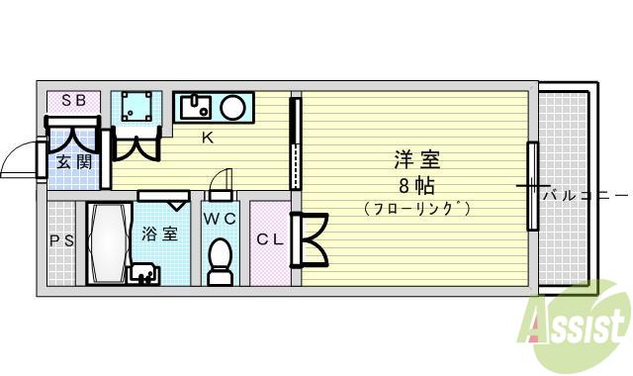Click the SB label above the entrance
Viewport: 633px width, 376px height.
tap(73, 100)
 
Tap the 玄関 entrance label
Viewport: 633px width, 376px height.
tap(73, 161)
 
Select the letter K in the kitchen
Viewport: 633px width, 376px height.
tap(209, 139)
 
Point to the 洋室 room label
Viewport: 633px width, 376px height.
tap(416, 159)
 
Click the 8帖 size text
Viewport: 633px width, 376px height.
tap(415, 185)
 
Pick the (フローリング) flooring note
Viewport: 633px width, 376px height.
tap(415, 209)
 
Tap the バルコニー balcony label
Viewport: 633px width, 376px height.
tap(584, 195)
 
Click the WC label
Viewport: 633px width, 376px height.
tap(219, 218)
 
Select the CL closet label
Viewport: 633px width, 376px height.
tap(270, 239)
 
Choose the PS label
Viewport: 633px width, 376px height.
tap(60, 240)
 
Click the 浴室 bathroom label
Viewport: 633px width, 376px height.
tap(160, 235)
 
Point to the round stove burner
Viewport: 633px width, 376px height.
tap(234, 106)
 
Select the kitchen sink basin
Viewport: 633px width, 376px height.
tap(197, 106)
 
